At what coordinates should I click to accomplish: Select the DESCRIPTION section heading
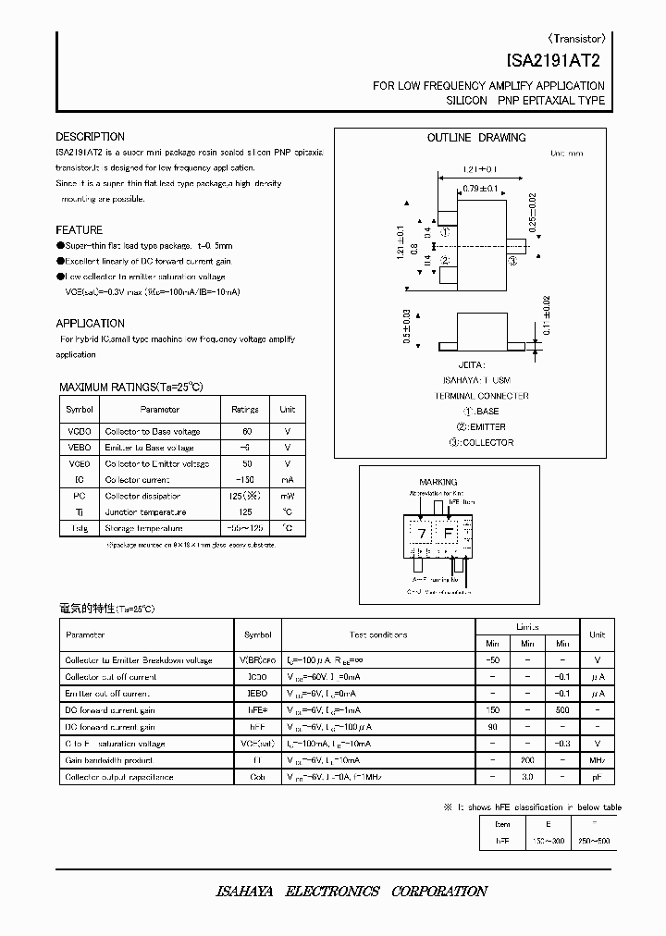coord(90,137)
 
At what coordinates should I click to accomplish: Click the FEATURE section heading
coord(80,229)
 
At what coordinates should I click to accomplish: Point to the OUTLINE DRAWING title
coord(476,138)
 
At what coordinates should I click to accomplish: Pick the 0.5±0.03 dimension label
coord(407,327)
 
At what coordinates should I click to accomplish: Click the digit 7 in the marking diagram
coord(421,534)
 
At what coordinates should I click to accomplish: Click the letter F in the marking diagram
coord(450,534)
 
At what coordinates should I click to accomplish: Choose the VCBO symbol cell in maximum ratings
coord(79,432)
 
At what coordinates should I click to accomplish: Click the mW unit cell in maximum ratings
coord(288,496)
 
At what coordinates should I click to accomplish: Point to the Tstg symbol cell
coord(79,528)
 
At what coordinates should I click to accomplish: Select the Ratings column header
coord(244,409)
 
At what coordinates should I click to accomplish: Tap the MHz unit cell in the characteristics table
coord(598,760)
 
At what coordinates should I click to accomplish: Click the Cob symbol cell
coord(257,777)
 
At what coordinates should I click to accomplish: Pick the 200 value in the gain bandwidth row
coord(527,760)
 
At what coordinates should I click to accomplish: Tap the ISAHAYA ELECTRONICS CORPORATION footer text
coord(351,892)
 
